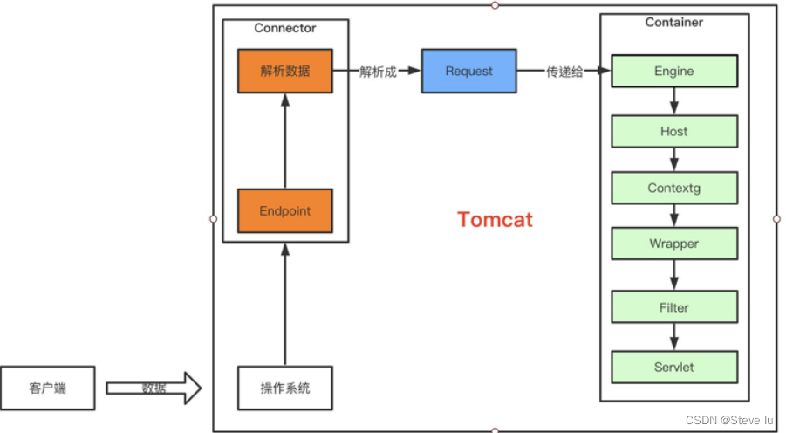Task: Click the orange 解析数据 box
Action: click(285, 72)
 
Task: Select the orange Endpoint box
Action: click(285, 210)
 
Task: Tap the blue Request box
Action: click(468, 72)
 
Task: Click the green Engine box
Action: click(674, 72)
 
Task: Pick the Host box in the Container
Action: click(674, 132)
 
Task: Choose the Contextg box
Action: click(674, 188)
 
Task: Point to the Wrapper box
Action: click(674, 244)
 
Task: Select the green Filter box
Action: click(674, 307)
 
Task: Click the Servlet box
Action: click(674, 367)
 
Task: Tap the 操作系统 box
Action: click(285, 388)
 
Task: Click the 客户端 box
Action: click(47, 388)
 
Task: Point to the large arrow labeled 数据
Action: click(154, 388)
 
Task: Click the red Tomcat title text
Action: click(495, 219)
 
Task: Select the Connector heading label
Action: click(285, 28)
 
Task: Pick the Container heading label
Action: click(674, 22)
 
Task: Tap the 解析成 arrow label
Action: click(378, 72)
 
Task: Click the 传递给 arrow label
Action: click(564, 72)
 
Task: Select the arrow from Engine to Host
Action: click(674, 102)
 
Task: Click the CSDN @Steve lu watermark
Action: click(731, 420)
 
